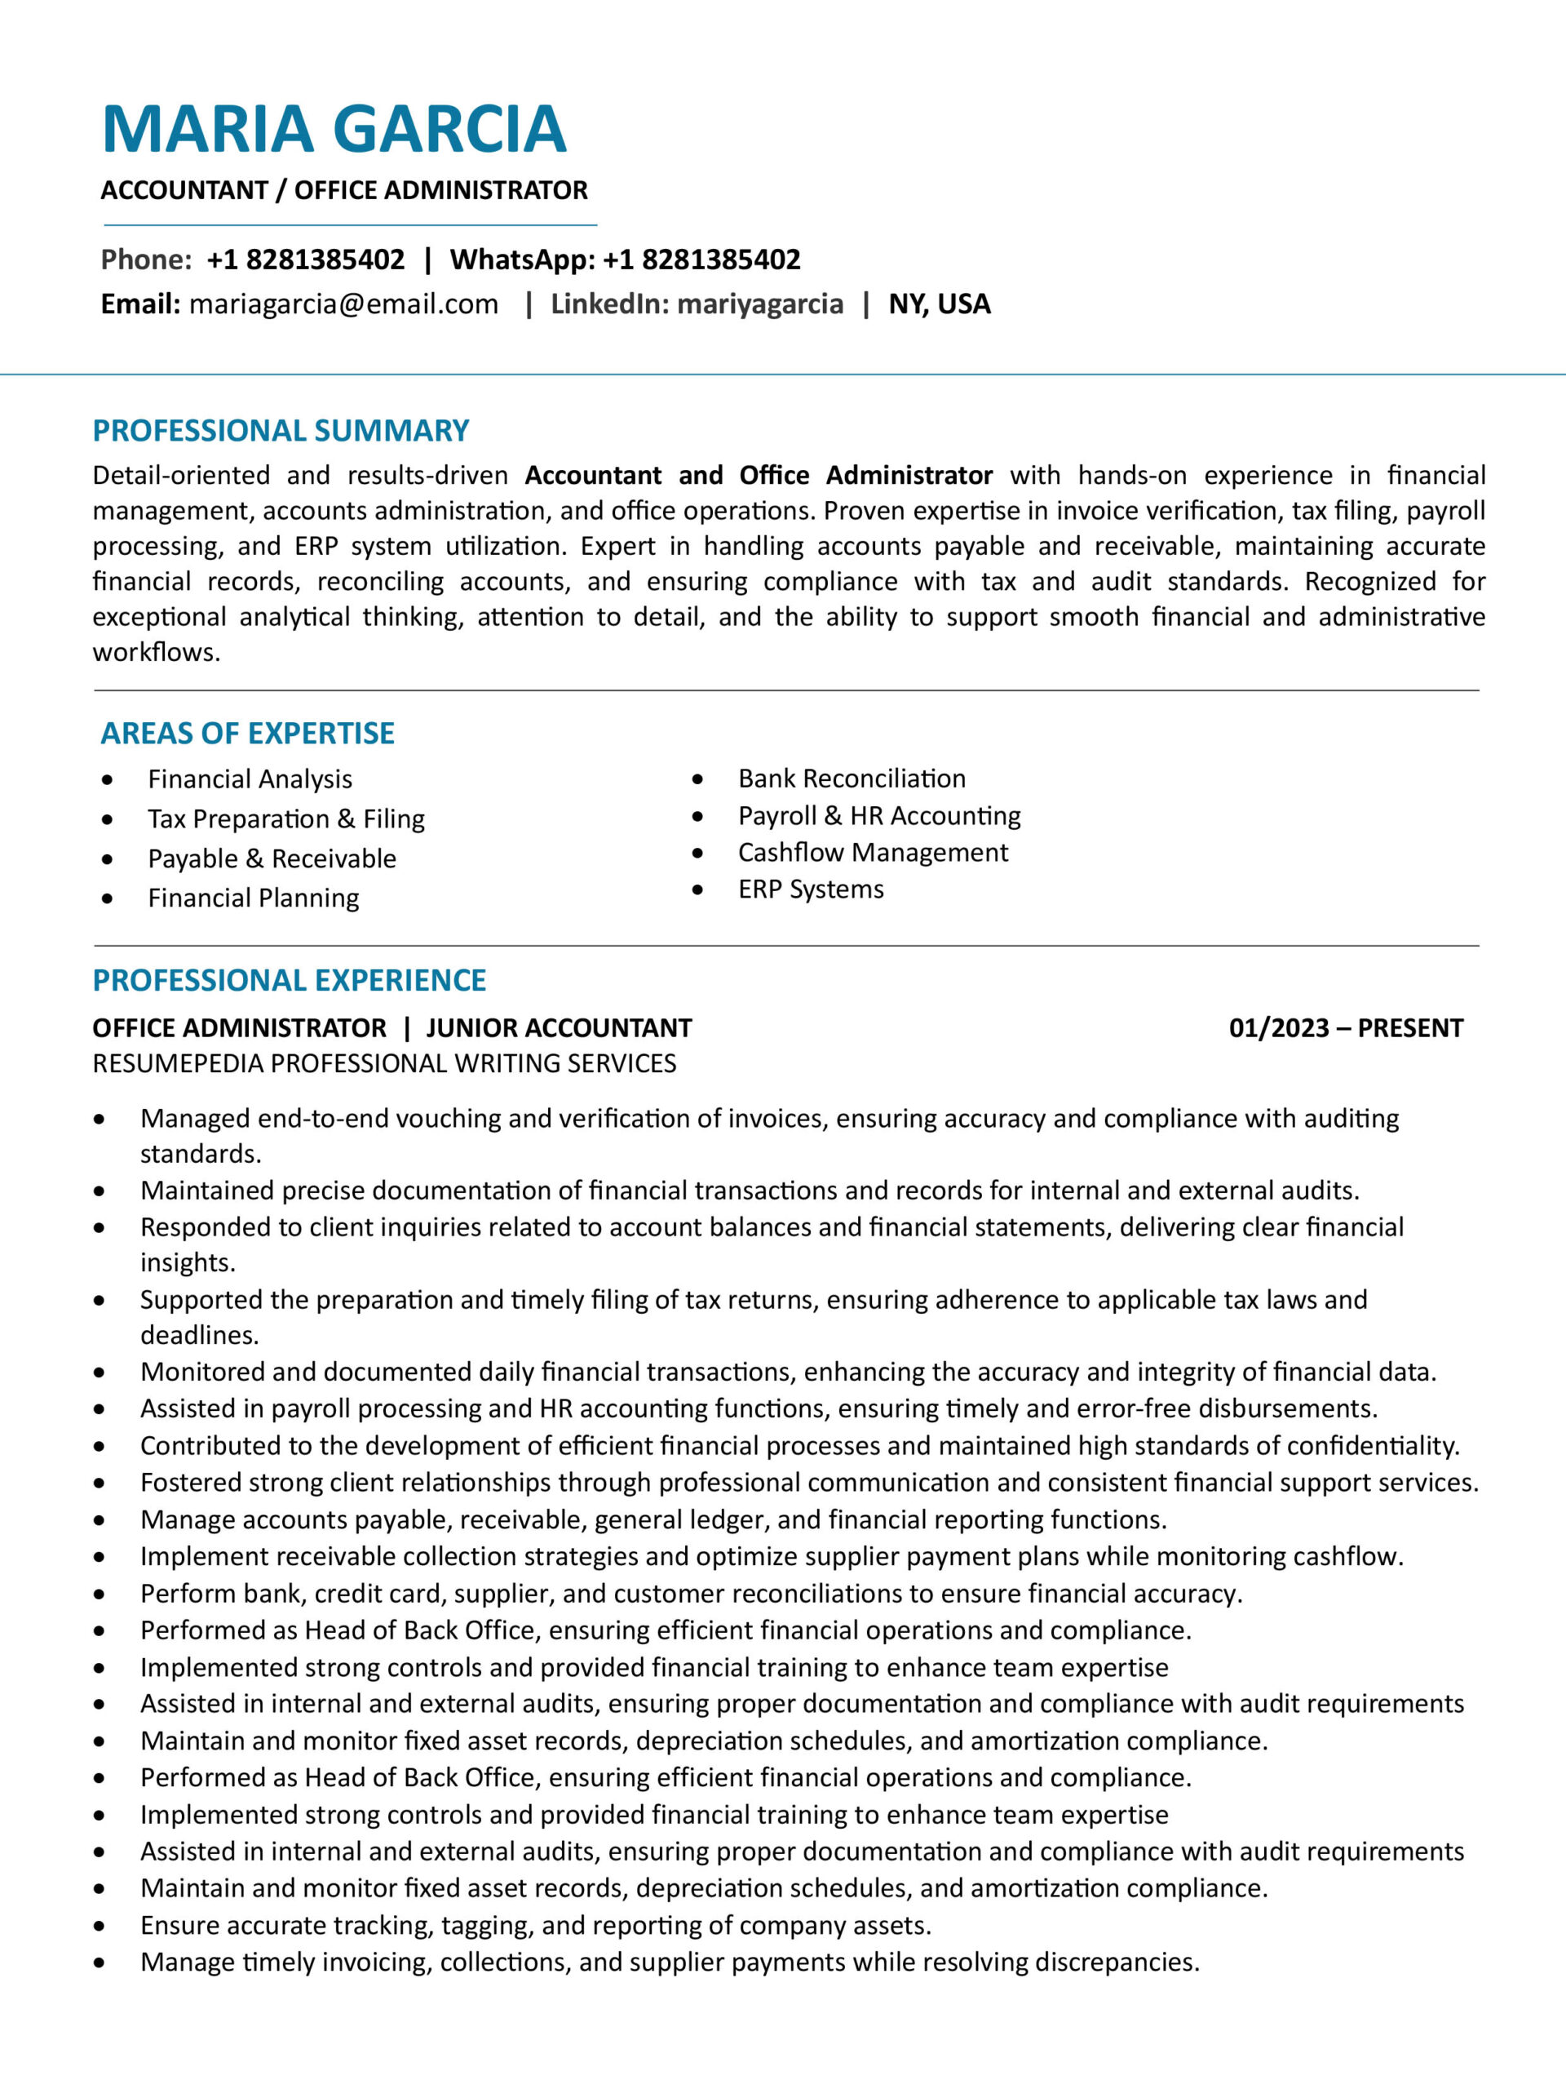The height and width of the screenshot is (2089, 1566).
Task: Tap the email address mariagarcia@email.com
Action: [343, 304]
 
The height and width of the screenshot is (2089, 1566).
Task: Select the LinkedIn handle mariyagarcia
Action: [760, 304]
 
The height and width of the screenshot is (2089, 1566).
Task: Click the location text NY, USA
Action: [940, 304]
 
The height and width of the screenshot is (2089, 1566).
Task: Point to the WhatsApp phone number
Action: [701, 259]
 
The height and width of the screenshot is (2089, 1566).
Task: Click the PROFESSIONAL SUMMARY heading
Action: [281, 431]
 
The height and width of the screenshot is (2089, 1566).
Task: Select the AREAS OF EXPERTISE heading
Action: [247, 733]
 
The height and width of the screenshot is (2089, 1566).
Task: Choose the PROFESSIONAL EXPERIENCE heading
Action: [289, 980]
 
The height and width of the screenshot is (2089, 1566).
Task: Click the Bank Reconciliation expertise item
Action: [852, 778]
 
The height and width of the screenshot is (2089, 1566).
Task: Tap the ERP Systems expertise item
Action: [811, 889]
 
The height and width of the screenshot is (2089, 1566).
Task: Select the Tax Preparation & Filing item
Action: [286, 818]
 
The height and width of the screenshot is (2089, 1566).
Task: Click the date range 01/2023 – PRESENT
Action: [1345, 1027]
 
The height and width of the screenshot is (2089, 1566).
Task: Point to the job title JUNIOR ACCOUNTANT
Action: [559, 1027]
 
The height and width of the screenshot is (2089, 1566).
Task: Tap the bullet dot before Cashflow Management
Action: [697, 853]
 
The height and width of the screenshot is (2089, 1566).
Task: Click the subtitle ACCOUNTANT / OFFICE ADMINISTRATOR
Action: [343, 191]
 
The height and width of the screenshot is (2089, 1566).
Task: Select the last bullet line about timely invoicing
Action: [670, 1962]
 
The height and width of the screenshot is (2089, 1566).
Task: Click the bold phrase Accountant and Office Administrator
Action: [758, 475]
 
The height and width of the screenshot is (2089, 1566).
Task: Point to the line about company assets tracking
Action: [535, 1925]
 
